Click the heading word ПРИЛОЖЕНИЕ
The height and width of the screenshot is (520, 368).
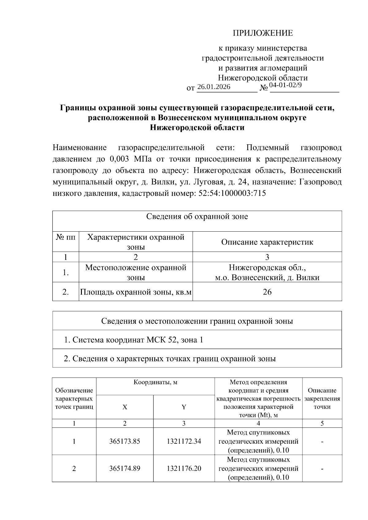(263, 33)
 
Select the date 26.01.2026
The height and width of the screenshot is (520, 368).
(214, 87)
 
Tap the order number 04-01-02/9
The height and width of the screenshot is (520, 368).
(285, 85)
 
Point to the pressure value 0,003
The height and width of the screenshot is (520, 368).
(119, 159)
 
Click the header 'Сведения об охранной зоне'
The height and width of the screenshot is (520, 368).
(197, 217)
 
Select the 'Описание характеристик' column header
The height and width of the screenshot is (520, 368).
(267, 242)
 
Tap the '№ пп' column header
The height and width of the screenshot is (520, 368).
(66, 237)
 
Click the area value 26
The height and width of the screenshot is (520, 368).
(267, 292)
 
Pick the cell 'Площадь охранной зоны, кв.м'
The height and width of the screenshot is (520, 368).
(136, 292)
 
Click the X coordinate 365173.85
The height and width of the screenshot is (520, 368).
(125, 442)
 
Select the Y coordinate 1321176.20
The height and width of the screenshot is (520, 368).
(184, 469)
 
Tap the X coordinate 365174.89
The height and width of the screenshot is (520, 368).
(125, 469)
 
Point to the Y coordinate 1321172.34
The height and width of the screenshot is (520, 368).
(184, 442)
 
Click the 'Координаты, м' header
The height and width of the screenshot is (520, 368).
(155, 382)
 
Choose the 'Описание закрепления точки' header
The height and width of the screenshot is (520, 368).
(322, 399)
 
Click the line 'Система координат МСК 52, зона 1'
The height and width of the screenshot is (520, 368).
(133, 340)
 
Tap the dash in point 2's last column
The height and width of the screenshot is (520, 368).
(322, 469)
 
